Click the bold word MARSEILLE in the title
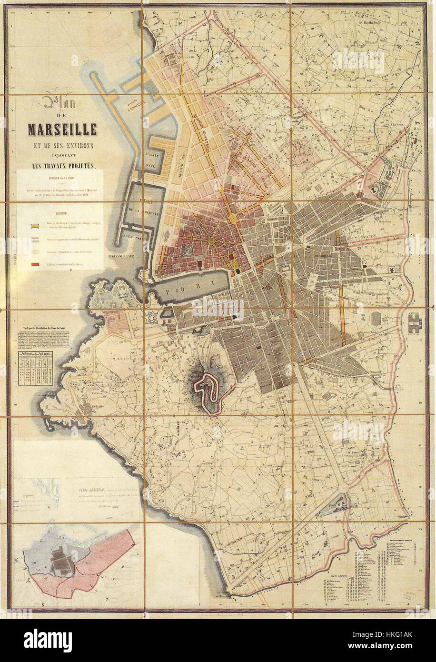[62, 129]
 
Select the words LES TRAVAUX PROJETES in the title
[62, 166]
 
